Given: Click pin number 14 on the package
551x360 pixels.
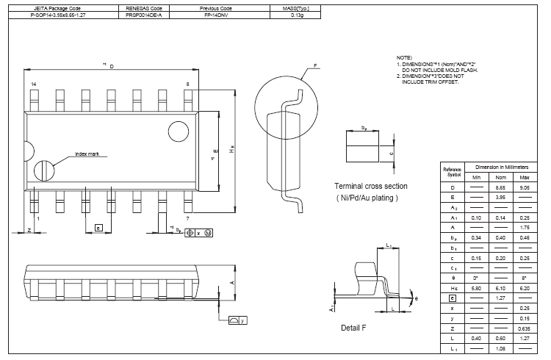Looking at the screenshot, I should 33,85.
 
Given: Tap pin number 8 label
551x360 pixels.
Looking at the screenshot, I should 187,85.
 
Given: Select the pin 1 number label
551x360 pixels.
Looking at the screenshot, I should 37,218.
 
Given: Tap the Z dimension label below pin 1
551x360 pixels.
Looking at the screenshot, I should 29,230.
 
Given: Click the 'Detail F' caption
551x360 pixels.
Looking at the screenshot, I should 353,327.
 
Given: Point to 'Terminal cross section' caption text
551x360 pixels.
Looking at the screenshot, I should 371,186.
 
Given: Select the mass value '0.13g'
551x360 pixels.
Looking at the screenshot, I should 296,15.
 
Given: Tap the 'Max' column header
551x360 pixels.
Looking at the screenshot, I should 524,178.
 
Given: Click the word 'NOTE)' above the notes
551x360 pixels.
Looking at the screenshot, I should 404,57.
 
